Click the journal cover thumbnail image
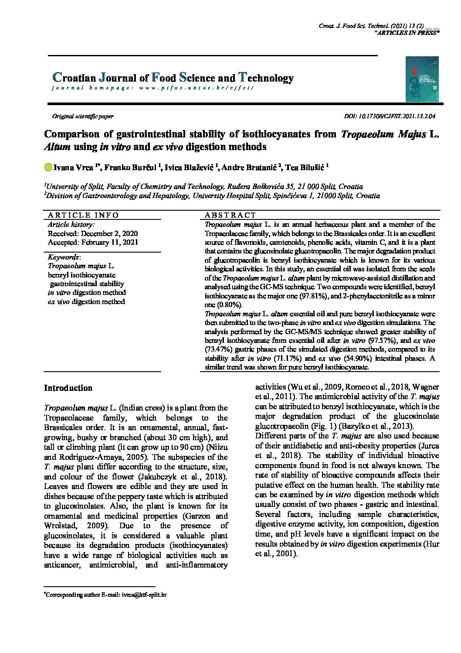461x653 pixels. pos(422,79)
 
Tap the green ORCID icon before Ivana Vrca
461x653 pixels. pos(48,167)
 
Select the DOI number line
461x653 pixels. pos(390,116)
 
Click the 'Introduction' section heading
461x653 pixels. pos(68,388)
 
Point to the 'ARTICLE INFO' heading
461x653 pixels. pos(83,215)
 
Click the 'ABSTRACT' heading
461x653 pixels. pos(230,215)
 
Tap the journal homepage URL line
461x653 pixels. pos(153,88)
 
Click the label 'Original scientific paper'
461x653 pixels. pos(83,116)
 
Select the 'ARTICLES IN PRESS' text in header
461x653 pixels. pos(407,33)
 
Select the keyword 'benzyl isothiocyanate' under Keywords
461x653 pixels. pos(81,275)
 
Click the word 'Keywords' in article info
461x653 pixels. pos(63,257)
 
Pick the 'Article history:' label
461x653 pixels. pos(71,224)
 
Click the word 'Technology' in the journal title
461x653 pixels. pos(265,78)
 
